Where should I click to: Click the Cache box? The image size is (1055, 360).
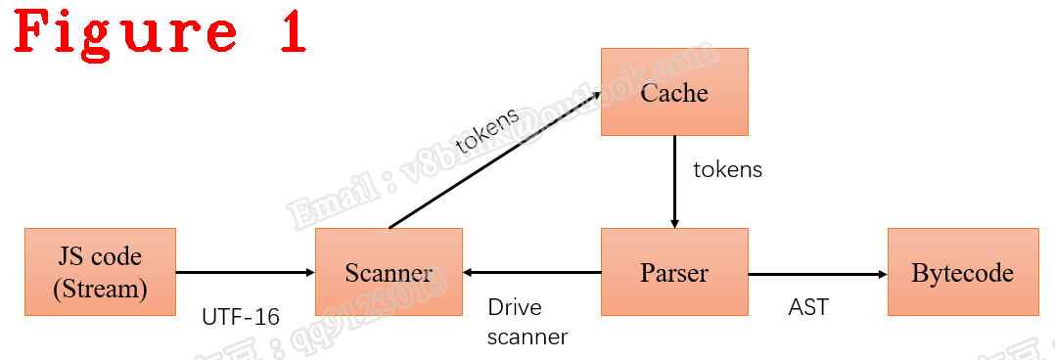point(674,92)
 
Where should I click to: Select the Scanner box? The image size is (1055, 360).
point(389,272)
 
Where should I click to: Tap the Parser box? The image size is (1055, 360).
point(674,272)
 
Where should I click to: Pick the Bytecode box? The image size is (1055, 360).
point(962,272)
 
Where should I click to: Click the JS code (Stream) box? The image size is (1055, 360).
point(101,272)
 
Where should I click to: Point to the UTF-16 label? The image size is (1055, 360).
point(241,317)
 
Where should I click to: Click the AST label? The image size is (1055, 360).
point(808,307)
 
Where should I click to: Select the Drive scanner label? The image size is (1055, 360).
point(527,322)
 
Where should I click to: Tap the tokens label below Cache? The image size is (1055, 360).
point(727,169)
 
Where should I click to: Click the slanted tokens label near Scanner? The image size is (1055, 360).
point(487,131)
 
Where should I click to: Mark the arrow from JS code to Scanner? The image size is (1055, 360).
point(245,273)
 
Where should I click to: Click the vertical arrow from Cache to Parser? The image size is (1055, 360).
point(674,181)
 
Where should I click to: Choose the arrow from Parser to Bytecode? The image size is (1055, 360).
point(817,273)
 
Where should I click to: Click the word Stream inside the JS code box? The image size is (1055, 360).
point(101,289)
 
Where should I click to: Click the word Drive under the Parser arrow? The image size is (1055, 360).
point(515,307)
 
